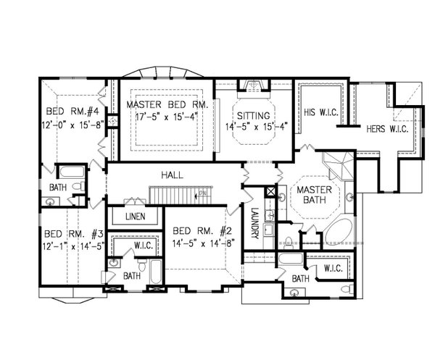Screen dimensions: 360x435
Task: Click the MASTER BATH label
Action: (x=314, y=196)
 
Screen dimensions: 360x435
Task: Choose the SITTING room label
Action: (x=252, y=116)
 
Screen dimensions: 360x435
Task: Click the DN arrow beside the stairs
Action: (x=204, y=193)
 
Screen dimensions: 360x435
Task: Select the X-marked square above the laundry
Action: (x=270, y=192)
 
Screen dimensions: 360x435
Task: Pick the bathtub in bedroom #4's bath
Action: (x=71, y=173)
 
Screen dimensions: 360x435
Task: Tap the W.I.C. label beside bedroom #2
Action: (x=142, y=245)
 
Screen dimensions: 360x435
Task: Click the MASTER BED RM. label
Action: (x=167, y=104)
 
